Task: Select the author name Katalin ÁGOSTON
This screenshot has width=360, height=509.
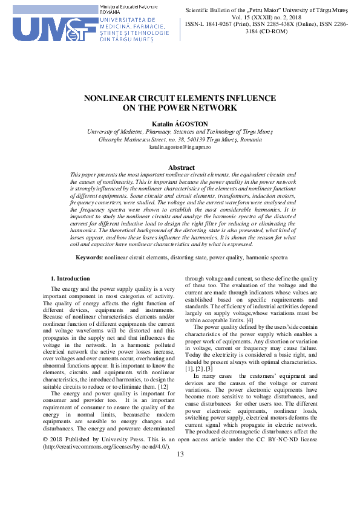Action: tap(180, 123)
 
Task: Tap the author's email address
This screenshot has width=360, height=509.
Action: tap(180, 147)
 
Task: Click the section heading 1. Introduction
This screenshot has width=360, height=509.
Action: tap(69, 278)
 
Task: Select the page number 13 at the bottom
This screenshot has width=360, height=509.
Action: tap(180, 472)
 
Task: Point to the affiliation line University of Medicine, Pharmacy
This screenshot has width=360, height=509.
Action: tap(180, 131)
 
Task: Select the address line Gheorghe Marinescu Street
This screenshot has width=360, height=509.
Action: tap(180, 138)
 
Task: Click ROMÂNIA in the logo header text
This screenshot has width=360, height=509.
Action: tap(111, 11)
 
